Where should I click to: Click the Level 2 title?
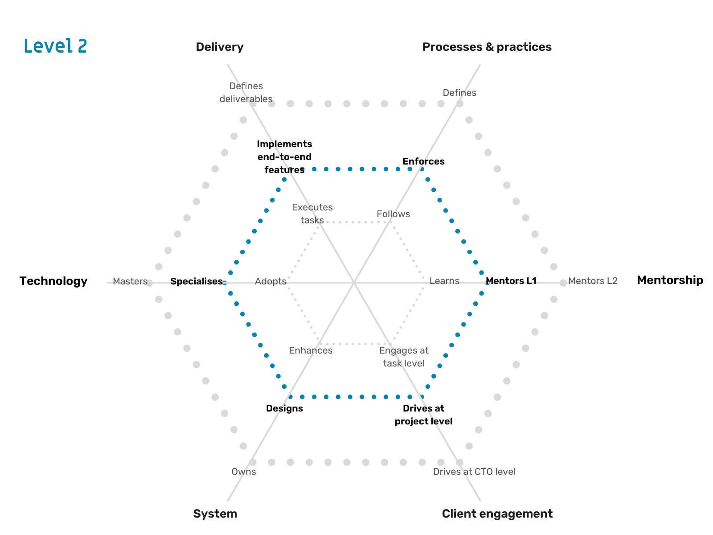[55, 46]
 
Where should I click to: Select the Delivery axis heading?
[220, 47]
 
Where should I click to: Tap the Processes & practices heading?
[487, 47]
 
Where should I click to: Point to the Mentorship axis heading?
[670, 280]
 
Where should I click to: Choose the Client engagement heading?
[497, 514]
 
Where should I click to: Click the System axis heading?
[215, 514]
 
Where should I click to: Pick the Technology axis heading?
[53, 281]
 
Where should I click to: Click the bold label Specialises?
[197, 281]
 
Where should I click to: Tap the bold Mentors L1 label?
[511, 281]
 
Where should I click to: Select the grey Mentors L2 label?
[593, 281]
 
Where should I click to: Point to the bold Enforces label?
[423, 161]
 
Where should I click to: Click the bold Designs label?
[284, 408]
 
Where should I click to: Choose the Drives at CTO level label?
[474, 472]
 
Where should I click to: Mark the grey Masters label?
[130, 281]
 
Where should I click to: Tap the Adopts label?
[270, 281]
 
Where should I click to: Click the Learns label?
[444, 281]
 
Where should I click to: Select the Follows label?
[393, 214]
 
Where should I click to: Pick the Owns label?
[244, 472]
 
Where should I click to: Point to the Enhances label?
[311, 350]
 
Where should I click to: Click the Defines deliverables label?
[246, 92]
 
